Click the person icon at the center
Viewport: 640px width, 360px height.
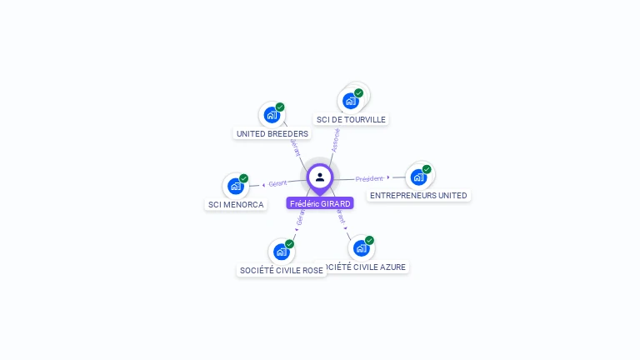(x=320, y=177)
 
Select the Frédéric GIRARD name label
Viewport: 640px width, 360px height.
(x=320, y=203)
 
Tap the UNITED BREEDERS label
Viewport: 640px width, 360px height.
(x=272, y=133)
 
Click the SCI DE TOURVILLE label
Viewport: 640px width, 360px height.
(x=351, y=119)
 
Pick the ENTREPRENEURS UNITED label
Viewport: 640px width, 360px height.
(x=418, y=195)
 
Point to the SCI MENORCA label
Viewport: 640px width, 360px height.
(x=236, y=204)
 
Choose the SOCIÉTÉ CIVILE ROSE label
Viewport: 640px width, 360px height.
(x=281, y=270)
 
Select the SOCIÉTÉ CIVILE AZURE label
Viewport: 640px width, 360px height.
(x=364, y=267)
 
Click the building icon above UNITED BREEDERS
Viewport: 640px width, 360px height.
(x=271, y=115)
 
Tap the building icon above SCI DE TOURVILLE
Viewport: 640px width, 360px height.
(x=350, y=101)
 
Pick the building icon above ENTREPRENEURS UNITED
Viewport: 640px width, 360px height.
(x=417, y=177)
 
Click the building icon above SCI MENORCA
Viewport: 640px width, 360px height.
(x=235, y=186)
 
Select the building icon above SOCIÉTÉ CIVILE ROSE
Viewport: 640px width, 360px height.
(x=281, y=251)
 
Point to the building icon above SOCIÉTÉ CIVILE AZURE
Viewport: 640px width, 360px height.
(x=360, y=247)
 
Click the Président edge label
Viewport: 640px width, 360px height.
(x=369, y=178)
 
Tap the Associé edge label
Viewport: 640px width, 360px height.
(x=335, y=139)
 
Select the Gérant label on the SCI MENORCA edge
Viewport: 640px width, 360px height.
(x=277, y=182)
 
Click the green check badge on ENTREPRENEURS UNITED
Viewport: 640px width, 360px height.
(x=427, y=169)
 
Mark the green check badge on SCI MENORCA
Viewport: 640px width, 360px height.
(x=244, y=178)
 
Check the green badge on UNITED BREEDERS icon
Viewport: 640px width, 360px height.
(x=280, y=107)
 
